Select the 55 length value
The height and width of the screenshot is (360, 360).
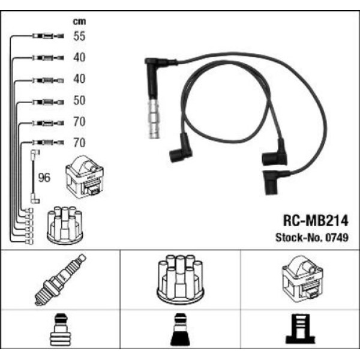coord(79,36)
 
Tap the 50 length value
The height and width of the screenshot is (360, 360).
coord(79,100)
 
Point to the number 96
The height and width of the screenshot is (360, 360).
coord(44,178)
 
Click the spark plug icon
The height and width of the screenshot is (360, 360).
coord(60,280)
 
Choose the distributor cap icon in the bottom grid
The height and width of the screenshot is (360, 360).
coord(180,279)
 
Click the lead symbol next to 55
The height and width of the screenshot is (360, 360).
coord(44,37)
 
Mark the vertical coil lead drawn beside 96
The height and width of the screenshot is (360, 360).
coord(33,178)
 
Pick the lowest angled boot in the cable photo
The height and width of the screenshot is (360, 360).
coord(274,182)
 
